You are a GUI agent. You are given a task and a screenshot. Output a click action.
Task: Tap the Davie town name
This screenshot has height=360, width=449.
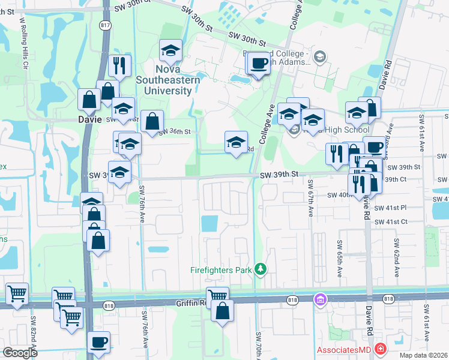(90, 119)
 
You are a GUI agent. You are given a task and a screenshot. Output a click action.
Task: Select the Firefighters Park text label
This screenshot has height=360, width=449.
(220, 270)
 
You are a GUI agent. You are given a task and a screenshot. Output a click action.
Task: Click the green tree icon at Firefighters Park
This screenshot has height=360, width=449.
(260, 268)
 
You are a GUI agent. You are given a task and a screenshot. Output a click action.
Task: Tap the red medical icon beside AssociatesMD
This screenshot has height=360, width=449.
(379, 349)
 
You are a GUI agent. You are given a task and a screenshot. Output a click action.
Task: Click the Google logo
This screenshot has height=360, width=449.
(20, 352)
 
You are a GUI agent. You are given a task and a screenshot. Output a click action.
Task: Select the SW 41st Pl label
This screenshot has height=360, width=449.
(391, 207)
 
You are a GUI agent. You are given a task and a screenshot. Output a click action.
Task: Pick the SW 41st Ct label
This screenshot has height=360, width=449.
(391, 221)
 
